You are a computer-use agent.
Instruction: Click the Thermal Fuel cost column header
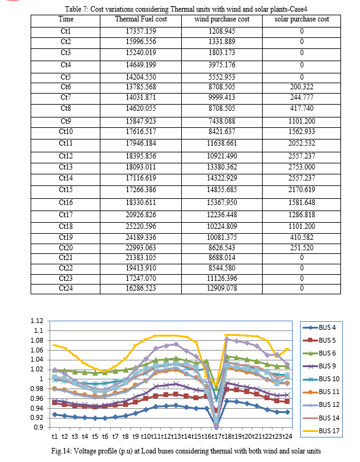(x=141, y=19)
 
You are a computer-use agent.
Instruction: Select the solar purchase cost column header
(x=302, y=19)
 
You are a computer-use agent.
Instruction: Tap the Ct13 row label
(x=66, y=167)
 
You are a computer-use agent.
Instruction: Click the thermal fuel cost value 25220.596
(x=141, y=226)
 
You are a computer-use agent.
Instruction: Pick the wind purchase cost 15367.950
(x=222, y=203)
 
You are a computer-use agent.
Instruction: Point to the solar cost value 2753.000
(x=302, y=167)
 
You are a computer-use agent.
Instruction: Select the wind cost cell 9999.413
(x=222, y=97)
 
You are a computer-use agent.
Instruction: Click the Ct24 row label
(x=66, y=288)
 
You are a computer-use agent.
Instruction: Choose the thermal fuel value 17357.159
(x=141, y=31)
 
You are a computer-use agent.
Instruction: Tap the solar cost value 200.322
(x=302, y=87)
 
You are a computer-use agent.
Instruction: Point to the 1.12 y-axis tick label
(x=37, y=321)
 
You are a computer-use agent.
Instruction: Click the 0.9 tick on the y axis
(x=39, y=427)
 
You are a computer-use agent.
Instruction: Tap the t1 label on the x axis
(x=54, y=436)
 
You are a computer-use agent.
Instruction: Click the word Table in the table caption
(x=73, y=9)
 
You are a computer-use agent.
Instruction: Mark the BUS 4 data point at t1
(x=54, y=414)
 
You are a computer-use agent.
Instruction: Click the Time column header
(x=66, y=19)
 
